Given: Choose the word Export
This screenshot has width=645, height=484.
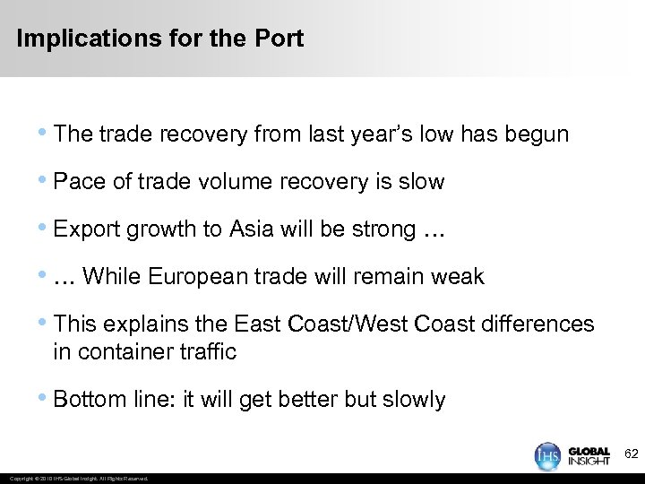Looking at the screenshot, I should (x=87, y=229).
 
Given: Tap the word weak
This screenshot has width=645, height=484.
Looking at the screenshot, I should (x=456, y=277).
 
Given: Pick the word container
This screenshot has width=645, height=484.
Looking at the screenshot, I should (x=119, y=351).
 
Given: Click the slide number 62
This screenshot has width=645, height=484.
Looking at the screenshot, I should (x=631, y=455).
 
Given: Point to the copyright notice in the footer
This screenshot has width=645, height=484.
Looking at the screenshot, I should (x=76, y=479).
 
